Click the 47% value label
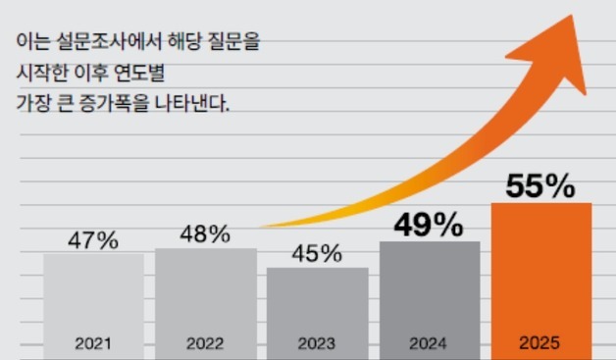click(94, 239)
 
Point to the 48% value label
click(205, 234)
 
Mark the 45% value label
click(317, 253)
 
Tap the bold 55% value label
click(540, 186)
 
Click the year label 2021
click(93, 345)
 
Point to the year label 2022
click(205, 345)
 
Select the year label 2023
click(317, 345)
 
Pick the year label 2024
click(429, 345)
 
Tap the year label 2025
click(540, 345)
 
